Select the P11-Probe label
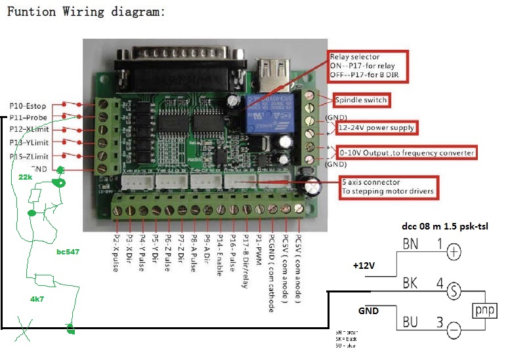[27, 117]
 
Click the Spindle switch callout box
[361, 100]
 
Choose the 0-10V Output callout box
[406, 153]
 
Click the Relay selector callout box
[368, 67]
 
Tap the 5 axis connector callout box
[387, 187]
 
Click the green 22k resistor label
[26, 177]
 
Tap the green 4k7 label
[38, 299]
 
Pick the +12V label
[364, 266]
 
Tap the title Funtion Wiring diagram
[85, 12]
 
